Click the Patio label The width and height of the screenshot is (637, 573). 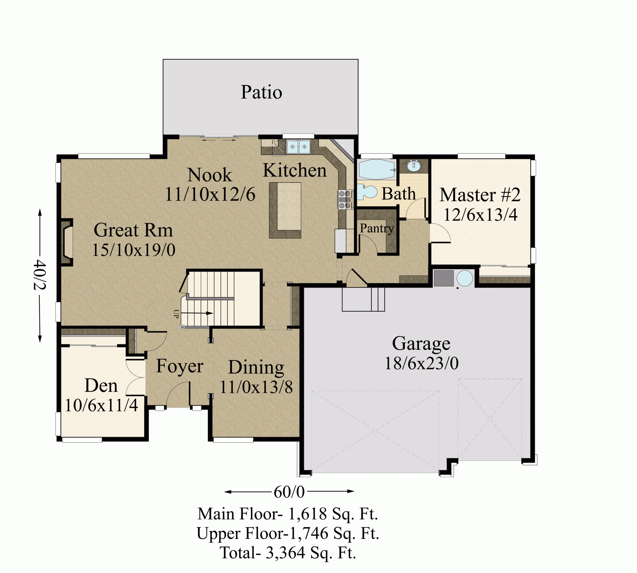point(261,92)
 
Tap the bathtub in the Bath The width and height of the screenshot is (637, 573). point(377,169)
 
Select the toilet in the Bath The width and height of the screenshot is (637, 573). point(367,192)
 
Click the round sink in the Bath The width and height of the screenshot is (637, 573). point(414,166)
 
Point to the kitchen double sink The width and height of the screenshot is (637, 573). point(298,147)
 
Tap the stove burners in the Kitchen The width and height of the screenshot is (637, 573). point(344,200)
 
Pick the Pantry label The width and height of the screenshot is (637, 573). point(377,229)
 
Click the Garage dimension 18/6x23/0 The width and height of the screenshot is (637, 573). point(422,363)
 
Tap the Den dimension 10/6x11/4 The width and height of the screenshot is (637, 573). point(102,405)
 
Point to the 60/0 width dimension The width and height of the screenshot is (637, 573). point(289,491)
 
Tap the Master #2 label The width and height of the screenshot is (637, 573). point(480,195)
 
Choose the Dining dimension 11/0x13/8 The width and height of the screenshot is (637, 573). point(256,387)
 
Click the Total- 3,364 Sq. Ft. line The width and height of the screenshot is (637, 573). point(288,553)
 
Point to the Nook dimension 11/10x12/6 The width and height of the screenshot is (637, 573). point(210,194)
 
